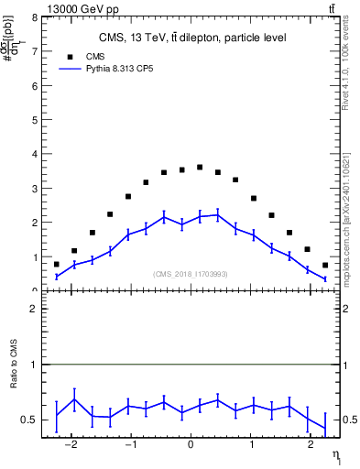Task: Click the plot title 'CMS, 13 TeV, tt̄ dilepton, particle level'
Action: coord(191,38)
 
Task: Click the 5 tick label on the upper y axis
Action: coord(35,120)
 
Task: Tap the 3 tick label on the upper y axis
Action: coord(35,189)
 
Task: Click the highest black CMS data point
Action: coord(200,167)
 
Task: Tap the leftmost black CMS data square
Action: coord(57,264)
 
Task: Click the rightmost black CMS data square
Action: coord(325,265)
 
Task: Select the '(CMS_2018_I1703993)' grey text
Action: coord(191,273)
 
